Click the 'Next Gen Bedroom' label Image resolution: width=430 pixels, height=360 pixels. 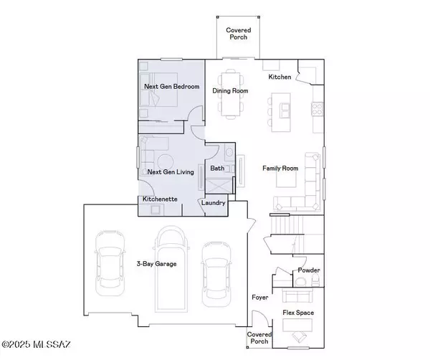click(171, 86)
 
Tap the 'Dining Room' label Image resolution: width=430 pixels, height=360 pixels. click(231, 92)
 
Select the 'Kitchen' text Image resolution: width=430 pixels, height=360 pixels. click(280, 77)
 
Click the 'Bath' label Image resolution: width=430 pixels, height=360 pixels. click(217, 169)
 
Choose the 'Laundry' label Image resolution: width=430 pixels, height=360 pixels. click(214, 203)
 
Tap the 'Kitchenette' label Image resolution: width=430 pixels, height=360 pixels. click(159, 198)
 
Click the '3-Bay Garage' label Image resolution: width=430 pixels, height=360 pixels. click(156, 263)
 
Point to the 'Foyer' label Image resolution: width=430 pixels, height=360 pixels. click(259, 296)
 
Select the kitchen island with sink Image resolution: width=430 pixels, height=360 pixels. click(285, 110)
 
